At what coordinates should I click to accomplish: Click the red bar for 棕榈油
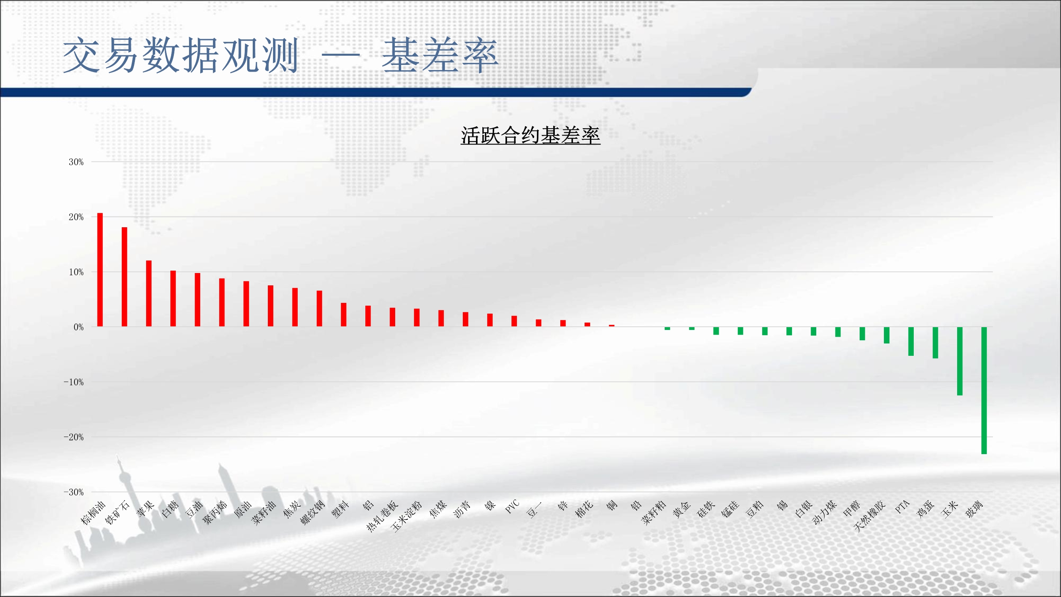click(x=99, y=270)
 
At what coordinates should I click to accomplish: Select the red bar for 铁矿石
click(x=125, y=277)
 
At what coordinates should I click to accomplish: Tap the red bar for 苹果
click(x=149, y=293)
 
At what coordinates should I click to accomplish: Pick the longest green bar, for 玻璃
click(x=984, y=390)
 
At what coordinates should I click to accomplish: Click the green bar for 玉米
click(x=960, y=361)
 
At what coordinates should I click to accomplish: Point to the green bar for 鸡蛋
click(x=935, y=343)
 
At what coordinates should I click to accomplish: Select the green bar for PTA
click(x=911, y=341)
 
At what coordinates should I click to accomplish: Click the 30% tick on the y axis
click(x=76, y=162)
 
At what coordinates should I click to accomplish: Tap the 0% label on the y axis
click(x=79, y=327)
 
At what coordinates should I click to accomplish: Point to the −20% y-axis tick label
click(x=74, y=437)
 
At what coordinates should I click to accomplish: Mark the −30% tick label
click(x=74, y=492)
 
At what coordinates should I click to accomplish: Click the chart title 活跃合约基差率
click(x=530, y=136)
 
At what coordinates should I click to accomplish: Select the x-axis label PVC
click(x=512, y=506)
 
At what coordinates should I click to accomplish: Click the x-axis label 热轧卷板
click(x=382, y=516)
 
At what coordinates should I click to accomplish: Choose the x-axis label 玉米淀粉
click(x=406, y=516)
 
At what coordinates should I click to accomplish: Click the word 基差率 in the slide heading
click(x=440, y=55)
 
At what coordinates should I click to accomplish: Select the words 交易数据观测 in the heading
click(x=180, y=55)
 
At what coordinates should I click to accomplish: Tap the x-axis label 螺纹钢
click(x=312, y=513)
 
